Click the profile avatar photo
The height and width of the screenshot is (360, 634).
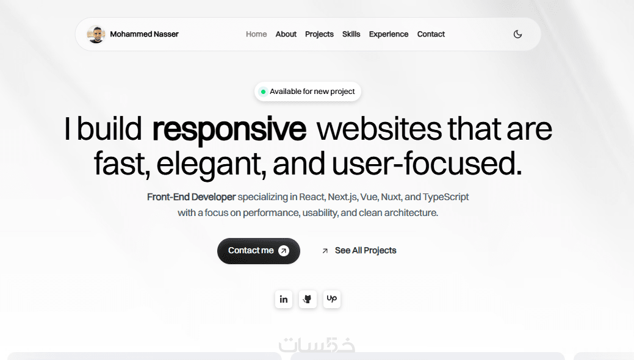[x=96, y=34]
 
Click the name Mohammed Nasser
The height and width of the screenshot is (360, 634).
[x=144, y=34]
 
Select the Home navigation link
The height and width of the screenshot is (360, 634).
[x=256, y=34]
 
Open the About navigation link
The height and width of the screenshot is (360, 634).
[x=286, y=34]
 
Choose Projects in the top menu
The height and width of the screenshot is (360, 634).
[x=319, y=34]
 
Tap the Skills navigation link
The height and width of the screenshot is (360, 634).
[x=351, y=34]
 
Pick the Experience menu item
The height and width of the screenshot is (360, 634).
[x=389, y=34]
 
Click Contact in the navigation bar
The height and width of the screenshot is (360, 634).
[x=431, y=34]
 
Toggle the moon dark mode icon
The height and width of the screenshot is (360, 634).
[x=517, y=34]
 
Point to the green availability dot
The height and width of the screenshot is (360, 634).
[x=263, y=92]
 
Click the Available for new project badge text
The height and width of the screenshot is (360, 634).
[x=312, y=92]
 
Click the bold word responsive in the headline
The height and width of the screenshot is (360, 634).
[x=229, y=129]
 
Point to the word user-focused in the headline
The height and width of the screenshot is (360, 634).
[x=427, y=164]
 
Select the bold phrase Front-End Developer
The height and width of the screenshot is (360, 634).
[x=191, y=197]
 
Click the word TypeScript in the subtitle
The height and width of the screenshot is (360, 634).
[x=445, y=197]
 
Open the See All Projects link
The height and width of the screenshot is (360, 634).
[x=359, y=251]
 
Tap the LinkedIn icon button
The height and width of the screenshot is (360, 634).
[x=284, y=300]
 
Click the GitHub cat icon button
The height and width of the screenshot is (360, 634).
[x=308, y=300]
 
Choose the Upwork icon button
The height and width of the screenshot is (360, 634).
[x=332, y=300]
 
